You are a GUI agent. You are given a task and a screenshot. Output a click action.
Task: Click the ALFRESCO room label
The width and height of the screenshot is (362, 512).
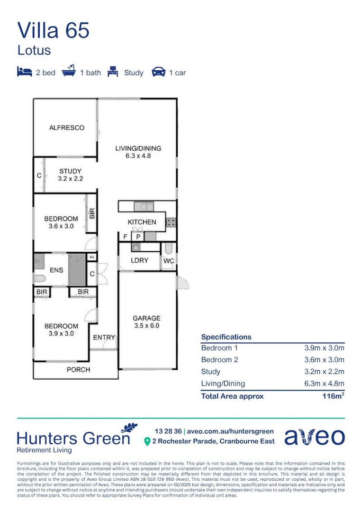67,128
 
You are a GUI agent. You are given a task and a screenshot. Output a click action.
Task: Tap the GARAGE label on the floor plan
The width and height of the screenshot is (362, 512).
146,318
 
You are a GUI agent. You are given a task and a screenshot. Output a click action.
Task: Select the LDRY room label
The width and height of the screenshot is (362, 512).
139,260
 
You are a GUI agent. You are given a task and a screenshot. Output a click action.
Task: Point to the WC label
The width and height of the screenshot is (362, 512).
169,261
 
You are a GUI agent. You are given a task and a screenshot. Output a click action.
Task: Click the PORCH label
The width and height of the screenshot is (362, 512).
78,369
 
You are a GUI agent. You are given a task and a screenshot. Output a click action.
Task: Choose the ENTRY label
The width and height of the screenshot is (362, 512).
104,338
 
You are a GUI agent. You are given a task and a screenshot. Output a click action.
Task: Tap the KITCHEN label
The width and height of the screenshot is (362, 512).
142,222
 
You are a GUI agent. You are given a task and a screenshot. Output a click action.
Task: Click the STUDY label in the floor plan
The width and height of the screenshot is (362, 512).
70,171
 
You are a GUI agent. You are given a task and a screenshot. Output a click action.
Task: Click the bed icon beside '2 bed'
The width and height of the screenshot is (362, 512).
25,72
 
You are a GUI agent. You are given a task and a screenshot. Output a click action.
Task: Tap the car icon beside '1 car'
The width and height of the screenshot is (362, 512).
158,72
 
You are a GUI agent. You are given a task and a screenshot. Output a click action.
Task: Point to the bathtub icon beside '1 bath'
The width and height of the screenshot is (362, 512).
69,72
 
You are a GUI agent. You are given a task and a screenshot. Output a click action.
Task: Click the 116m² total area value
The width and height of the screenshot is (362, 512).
333,396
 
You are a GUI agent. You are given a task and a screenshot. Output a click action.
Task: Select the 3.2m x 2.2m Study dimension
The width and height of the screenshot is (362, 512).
324,372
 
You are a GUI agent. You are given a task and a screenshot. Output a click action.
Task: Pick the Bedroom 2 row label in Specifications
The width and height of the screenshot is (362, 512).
220,360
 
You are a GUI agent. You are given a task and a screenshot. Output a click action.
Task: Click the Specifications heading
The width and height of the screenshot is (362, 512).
226,337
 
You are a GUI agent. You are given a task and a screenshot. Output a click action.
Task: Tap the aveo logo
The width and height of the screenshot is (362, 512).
315,437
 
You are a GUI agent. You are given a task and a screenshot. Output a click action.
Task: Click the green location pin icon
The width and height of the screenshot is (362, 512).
147,441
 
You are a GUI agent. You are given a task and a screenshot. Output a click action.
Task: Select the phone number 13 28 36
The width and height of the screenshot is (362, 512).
168,431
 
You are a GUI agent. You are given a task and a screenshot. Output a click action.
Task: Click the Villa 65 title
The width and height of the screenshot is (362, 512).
53,30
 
